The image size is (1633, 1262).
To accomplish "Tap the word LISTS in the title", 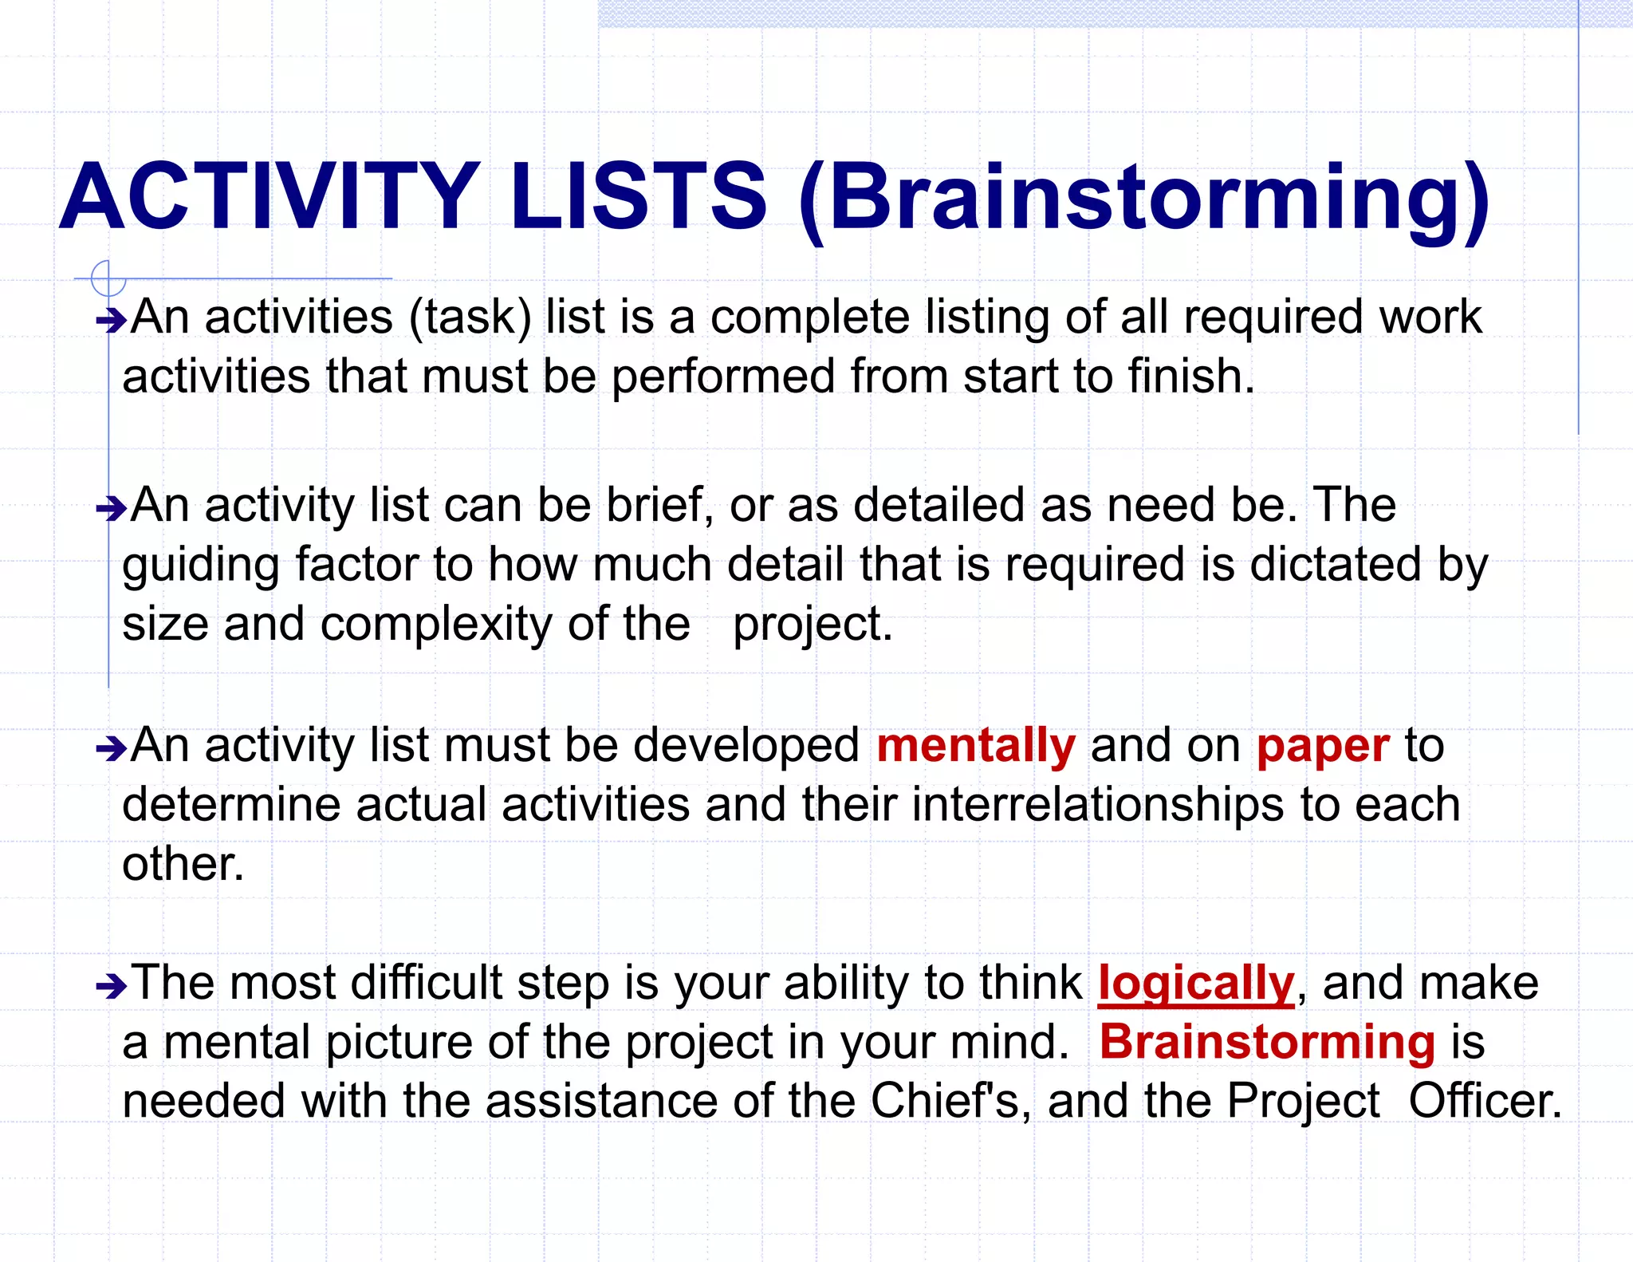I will (638, 196).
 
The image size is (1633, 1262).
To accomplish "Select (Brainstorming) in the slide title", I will (1144, 199).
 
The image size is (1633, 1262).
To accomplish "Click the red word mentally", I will (976, 746).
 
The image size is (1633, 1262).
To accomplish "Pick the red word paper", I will (1323, 747).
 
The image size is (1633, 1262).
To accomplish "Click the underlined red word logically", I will (1196, 984).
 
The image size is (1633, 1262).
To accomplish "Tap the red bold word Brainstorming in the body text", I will (1267, 1043).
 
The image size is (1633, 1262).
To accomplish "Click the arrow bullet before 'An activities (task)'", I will (111, 321).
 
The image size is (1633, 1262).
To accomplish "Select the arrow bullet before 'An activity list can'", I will (111, 508).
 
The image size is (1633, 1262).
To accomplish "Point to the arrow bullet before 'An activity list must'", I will (111, 748).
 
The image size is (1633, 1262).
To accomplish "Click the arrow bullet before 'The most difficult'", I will (111, 987).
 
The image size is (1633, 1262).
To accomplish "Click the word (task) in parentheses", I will (470, 318).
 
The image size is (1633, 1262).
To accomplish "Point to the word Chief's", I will (945, 1101).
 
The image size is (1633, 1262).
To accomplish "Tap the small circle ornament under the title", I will (108, 279).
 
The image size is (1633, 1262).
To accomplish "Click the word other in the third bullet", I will (182, 864).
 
